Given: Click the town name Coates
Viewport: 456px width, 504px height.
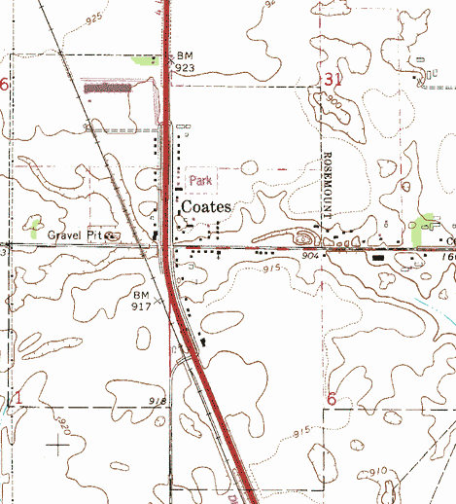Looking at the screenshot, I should (204, 207).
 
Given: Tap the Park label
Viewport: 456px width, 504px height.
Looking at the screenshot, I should (200, 180).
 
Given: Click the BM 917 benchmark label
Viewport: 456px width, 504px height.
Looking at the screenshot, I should (143, 300).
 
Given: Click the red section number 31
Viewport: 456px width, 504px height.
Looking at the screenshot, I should (334, 79).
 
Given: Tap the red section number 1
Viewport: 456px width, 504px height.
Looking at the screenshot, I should (16, 396).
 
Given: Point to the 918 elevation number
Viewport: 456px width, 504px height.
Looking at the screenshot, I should (159, 400).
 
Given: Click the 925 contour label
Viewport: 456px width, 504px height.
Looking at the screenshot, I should (93, 18).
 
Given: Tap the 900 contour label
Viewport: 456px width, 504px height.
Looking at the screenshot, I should (333, 100).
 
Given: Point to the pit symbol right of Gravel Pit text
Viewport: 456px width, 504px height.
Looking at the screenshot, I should (112, 235).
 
